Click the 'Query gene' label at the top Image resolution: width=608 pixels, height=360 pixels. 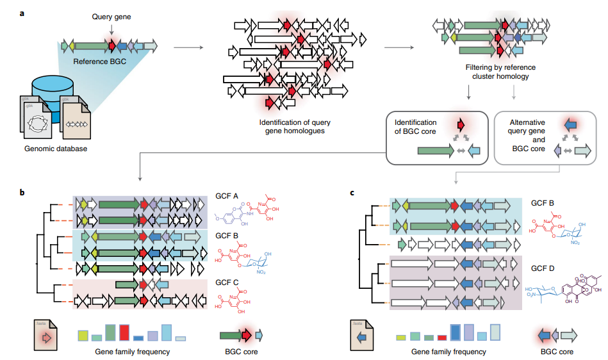pos(111,17)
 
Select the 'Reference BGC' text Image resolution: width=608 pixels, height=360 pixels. pos(99,61)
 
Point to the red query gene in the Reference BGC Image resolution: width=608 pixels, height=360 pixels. pos(112,46)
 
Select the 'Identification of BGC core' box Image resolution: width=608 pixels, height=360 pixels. pos(434,136)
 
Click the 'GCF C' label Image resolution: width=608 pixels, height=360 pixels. pos(227,282)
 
